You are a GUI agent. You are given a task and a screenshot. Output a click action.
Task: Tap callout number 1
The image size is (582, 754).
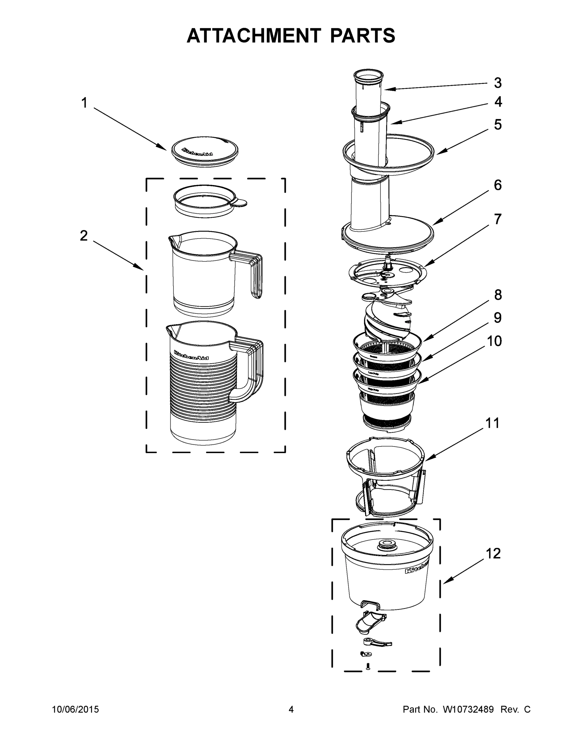pyautogui.click(x=84, y=103)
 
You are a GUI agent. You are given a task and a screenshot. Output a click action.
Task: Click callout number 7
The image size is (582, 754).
pyautogui.click(x=498, y=219)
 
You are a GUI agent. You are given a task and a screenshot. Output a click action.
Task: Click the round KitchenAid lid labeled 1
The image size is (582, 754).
pyautogui.click(x=205, y=151)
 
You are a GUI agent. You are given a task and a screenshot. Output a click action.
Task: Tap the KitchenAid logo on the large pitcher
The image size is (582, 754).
pyautogui.click(x=191, y=355)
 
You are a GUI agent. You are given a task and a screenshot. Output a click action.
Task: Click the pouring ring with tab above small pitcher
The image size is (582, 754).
pyautogui.click(x=207, y=202)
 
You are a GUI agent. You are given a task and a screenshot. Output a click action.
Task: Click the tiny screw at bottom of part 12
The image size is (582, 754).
pyautogui.click(x=368, y=666)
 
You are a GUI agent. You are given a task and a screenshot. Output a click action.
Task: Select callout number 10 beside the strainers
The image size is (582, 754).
pyautogui.click(x=494, y=341)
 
